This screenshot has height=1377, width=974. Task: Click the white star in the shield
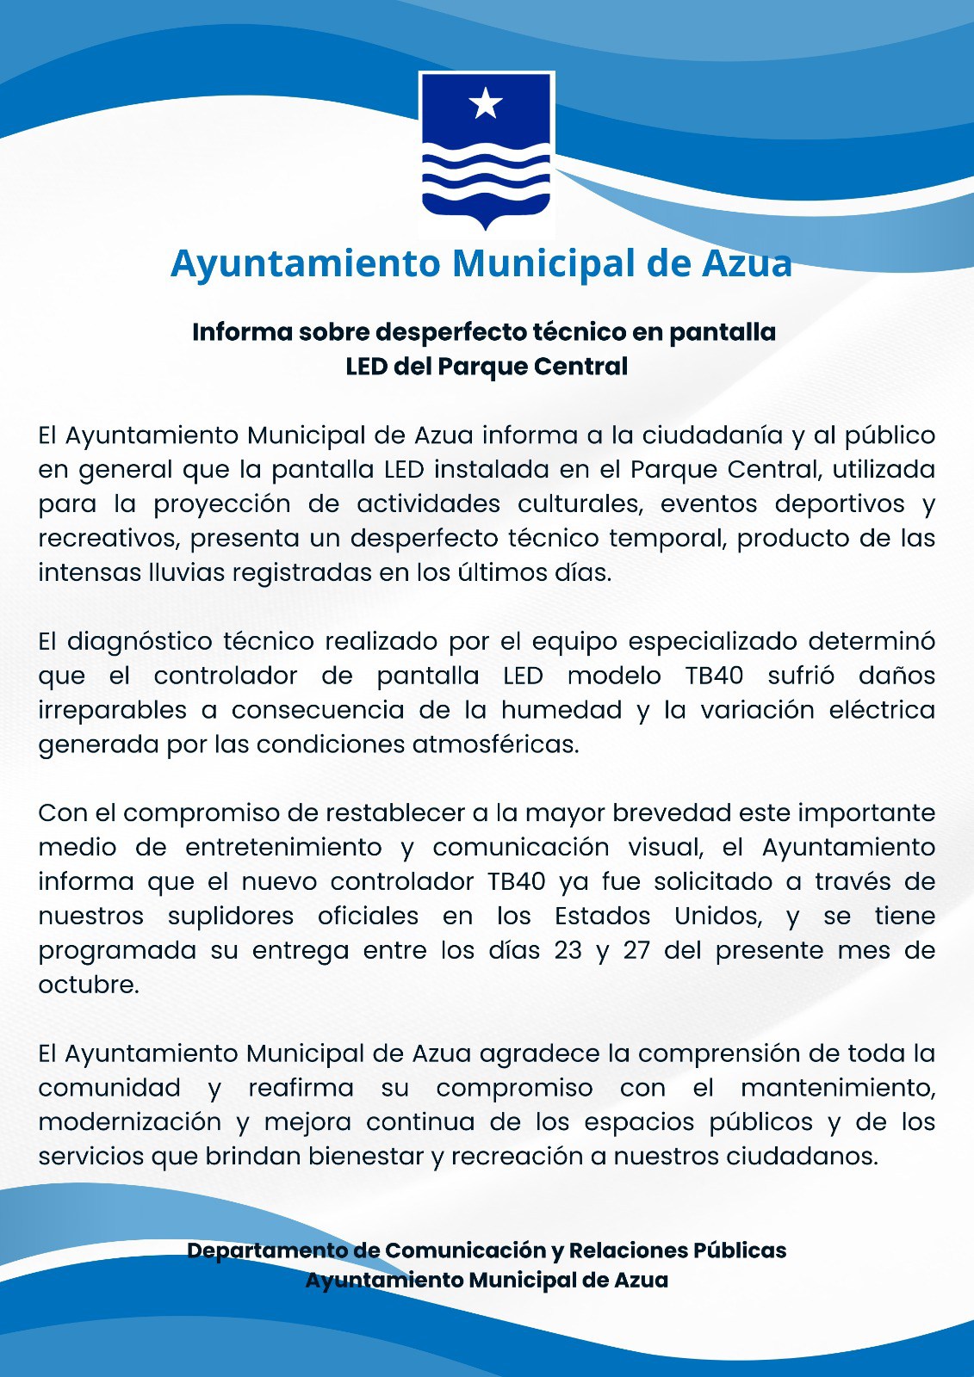(486, 104)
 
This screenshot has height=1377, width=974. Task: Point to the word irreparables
(112, 711)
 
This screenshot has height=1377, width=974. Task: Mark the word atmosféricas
(494, 745)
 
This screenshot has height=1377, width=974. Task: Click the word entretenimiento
(283, 848)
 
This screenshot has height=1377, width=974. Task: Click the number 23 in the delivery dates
(568, 951)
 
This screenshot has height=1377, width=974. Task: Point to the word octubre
(88, 985)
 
